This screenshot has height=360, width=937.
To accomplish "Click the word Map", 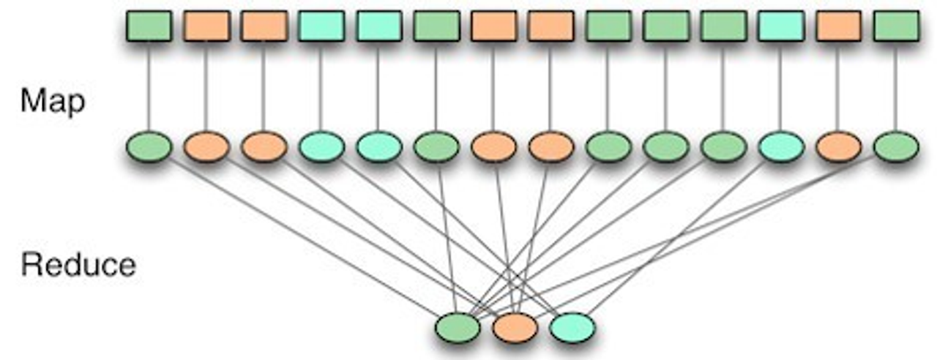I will coord(52,102).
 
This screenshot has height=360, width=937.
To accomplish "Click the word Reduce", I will coord(78,264).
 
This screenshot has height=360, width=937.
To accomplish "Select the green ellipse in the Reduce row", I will coord(458,327).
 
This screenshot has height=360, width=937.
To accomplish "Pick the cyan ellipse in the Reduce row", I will coord(572,327).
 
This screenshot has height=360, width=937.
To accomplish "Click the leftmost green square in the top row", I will coord(149,25).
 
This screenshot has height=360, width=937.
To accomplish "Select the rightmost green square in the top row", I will coord(896,25).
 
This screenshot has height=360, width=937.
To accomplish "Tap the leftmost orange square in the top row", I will coord(206,25).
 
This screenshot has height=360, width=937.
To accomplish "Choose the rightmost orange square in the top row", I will coord(838,25).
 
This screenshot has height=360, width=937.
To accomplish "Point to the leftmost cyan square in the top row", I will coord(321,25).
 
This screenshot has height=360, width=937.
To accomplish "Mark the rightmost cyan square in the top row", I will coord(780,25).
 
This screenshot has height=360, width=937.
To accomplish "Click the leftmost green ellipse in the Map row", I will coord(149,146).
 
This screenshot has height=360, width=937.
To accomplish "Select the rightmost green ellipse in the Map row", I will coord(896,146).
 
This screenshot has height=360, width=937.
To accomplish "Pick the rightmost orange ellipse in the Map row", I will coord(838,146).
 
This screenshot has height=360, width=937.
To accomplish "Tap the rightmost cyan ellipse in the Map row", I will coord(780,146).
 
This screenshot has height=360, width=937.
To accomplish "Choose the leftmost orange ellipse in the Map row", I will coord(206,146).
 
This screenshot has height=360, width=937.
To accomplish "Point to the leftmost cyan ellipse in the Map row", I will coord(321,146).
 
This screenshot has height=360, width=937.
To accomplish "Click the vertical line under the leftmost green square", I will coord(149,84).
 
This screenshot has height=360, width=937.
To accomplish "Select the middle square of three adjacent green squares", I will coord(665,25).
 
